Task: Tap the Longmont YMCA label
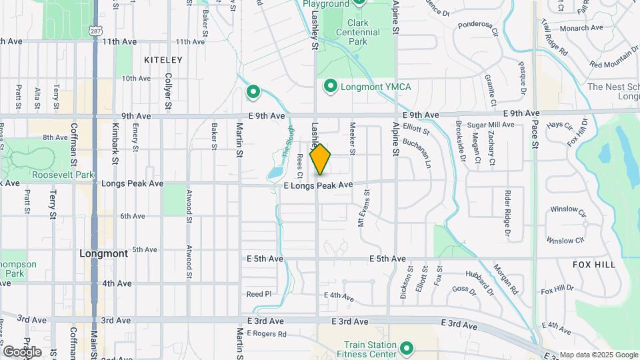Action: tap(375, 87)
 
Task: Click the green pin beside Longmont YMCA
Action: tap(329, 87)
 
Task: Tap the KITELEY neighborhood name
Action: tap(163, 60)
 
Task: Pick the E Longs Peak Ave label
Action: tap(317, 185)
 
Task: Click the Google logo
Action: tap(21, 351)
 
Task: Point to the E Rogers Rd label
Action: tap(266, 334)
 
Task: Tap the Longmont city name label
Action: tap(103, 253)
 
